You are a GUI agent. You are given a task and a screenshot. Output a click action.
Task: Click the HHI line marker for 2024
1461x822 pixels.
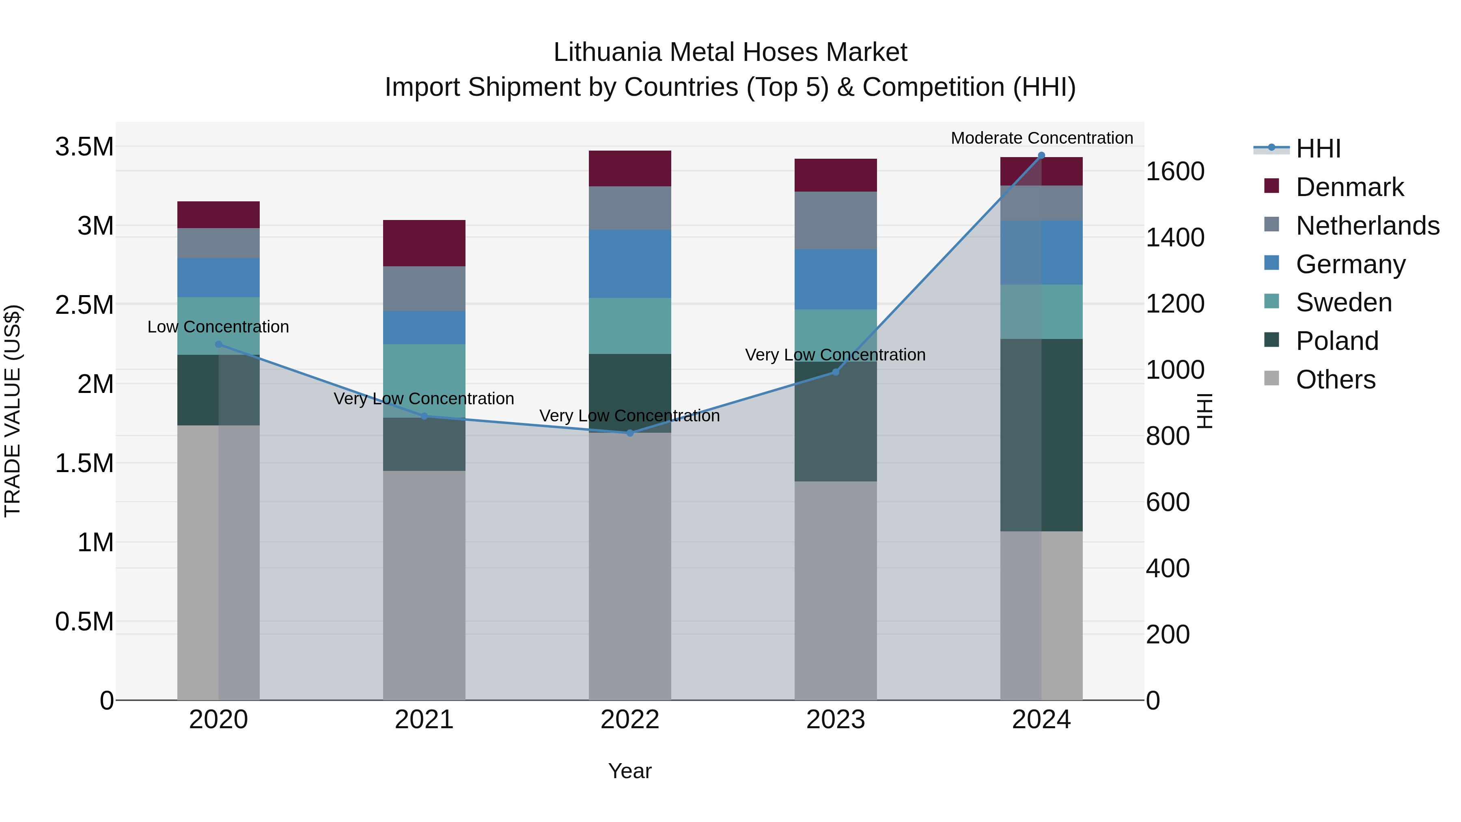click(x=1041, y=155)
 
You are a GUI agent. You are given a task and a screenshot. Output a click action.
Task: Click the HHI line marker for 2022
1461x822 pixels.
click(x=629, y=433)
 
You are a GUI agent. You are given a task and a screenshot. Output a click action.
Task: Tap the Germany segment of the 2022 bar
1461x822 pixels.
click(x=629, y=264)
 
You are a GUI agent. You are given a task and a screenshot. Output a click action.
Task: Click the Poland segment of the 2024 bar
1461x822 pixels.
click(x=1041, y=435)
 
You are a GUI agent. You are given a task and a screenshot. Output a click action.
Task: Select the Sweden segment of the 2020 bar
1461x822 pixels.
click(x=218, y=326)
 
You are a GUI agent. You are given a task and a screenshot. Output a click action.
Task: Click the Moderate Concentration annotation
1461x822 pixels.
click(x=1041, y=138)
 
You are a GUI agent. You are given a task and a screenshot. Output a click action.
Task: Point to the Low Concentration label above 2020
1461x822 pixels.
click(x=218, y=327)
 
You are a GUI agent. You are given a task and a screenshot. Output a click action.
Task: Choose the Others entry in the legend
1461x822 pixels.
click(x=1335, y=380)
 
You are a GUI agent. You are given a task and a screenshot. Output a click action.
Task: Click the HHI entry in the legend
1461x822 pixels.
click(x=1318, y=149)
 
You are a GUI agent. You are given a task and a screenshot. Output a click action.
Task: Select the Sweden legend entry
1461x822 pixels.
click(x=1344, y=302)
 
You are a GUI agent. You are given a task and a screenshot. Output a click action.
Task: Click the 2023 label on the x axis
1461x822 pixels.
click(x=836, y=720)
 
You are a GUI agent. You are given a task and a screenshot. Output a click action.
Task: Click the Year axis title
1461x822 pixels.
click(x=629, y=771)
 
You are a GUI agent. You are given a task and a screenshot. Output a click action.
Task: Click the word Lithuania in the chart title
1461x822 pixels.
click(x=607, y=52)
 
